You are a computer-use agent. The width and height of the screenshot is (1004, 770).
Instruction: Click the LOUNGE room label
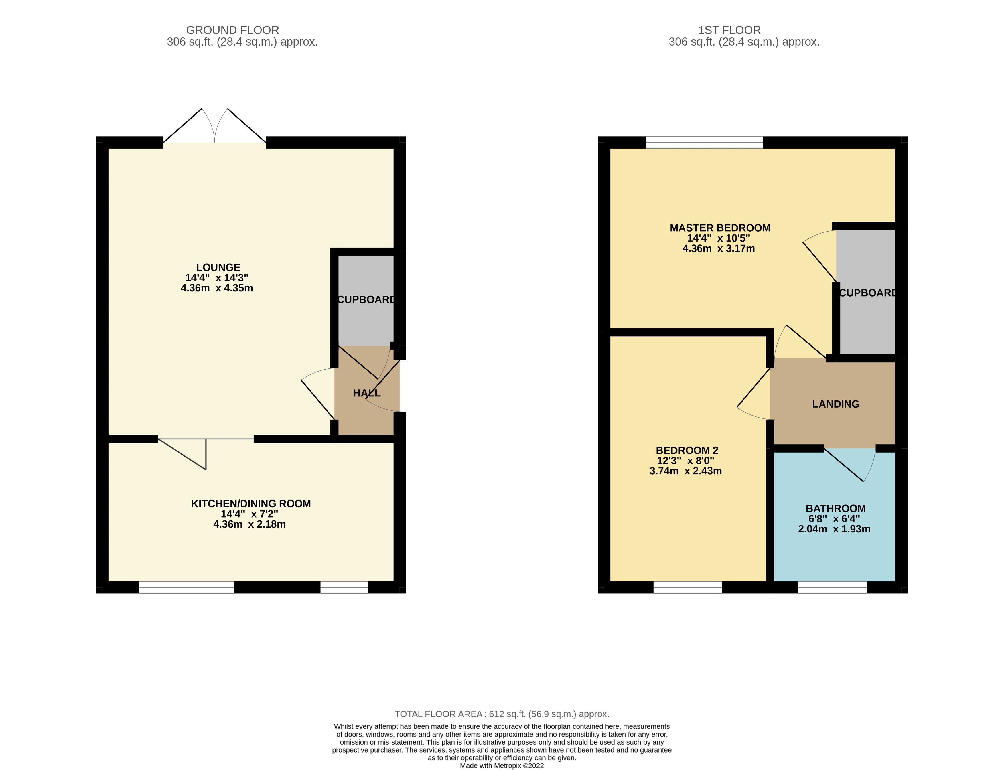coord(218,267)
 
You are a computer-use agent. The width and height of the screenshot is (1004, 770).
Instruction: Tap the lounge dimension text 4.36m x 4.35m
coord(216,288)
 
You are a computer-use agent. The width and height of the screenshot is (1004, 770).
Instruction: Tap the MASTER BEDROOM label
coord(719,228)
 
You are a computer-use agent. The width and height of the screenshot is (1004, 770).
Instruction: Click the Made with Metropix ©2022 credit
coord(502,765)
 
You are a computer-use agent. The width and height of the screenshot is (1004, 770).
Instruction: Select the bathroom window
coord(832,587)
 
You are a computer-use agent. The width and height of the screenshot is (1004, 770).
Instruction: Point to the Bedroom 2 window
coord(687,587)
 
